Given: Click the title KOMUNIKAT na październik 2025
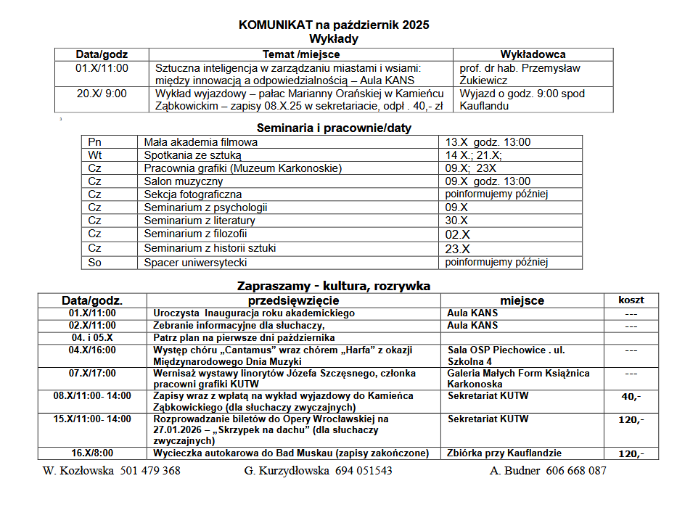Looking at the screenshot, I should pyautogui.click(x=334, y=25).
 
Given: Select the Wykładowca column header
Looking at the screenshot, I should pyautogui.click(x=533, y=54).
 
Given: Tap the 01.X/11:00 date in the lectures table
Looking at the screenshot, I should pyautogui.click(x=102, y=68).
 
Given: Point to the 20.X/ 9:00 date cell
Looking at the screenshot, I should pyautogui.click(x=102, y=94).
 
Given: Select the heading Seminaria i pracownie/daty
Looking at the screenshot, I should pyautogui.click(x=334, y=128).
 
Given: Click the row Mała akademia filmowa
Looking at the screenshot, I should pyautogui.click(x=200, y=142).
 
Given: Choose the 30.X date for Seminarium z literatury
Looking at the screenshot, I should pyautogui.click(x=456, y=221).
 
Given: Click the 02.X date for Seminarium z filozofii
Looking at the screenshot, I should pyautogui.click(x=457, y=234).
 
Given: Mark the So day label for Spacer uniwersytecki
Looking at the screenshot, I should pyautogui.click(x=95, y=262).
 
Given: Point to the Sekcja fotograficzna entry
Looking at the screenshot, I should pyautogui.click(x=192, y=194).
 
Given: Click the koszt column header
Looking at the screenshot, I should pyautogui.click(x=631, y=300).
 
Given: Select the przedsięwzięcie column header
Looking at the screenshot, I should pyautogui.click(x=293, y=300).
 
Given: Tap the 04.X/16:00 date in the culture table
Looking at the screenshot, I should pyautogui.click(x=92, y=350).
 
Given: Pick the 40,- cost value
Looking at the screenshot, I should pyautogui.click(x=631, y=396).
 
